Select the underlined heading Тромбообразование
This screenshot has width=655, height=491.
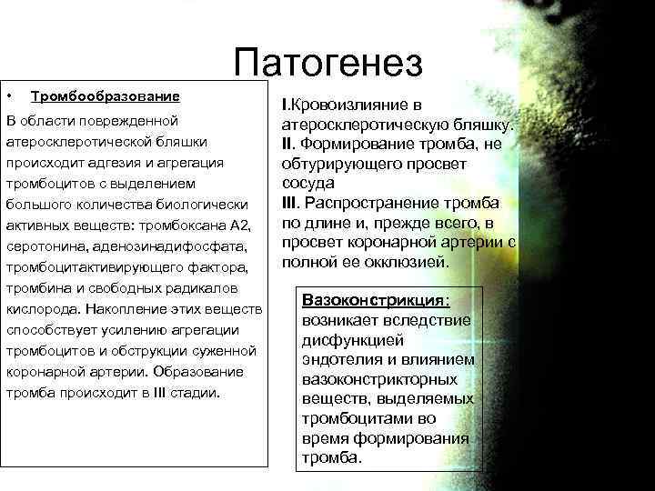point(105,95)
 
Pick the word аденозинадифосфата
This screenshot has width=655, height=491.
point(165,246)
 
